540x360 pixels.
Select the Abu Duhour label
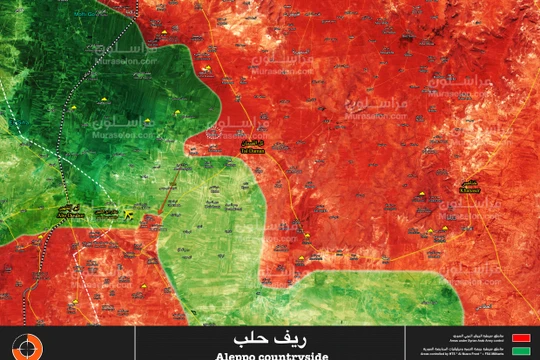tap(69, 214)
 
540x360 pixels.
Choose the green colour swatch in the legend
tap(520, 351)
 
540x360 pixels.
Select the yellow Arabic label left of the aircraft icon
tap(105, 213)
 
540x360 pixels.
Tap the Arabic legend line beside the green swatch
tap(466, 349)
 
